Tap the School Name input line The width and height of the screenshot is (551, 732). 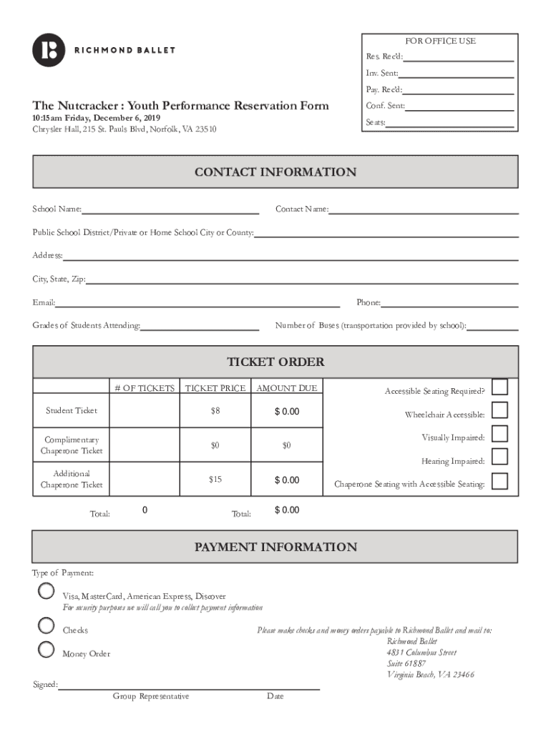(x=170, y=209)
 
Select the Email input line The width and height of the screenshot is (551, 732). (x=198, y=303)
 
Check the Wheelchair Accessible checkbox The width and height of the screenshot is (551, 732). (x=500, y=410)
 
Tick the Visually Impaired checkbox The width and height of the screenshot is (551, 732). (x=500, y=434)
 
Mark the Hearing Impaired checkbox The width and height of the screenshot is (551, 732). (x=500, y=457)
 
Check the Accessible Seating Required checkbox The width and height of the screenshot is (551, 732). (x=500, y=387)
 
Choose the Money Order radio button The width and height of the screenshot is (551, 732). (x=46, y=649)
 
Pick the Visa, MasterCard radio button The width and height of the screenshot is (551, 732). (x=46, y=591)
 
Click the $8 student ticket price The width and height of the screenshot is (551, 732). (x=215, y=411)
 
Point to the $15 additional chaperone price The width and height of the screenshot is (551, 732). (x=215, y=480)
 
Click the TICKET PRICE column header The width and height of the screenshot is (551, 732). (x=215, y=388)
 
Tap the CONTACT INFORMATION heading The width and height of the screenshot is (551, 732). (x=275, y=172)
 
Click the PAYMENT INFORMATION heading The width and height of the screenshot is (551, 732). (x=275, y=548)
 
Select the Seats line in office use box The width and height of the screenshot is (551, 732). (x=449, y=123)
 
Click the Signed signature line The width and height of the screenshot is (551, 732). (x=189, y=686)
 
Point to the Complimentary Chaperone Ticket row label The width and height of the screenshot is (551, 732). (x=72, y=445)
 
